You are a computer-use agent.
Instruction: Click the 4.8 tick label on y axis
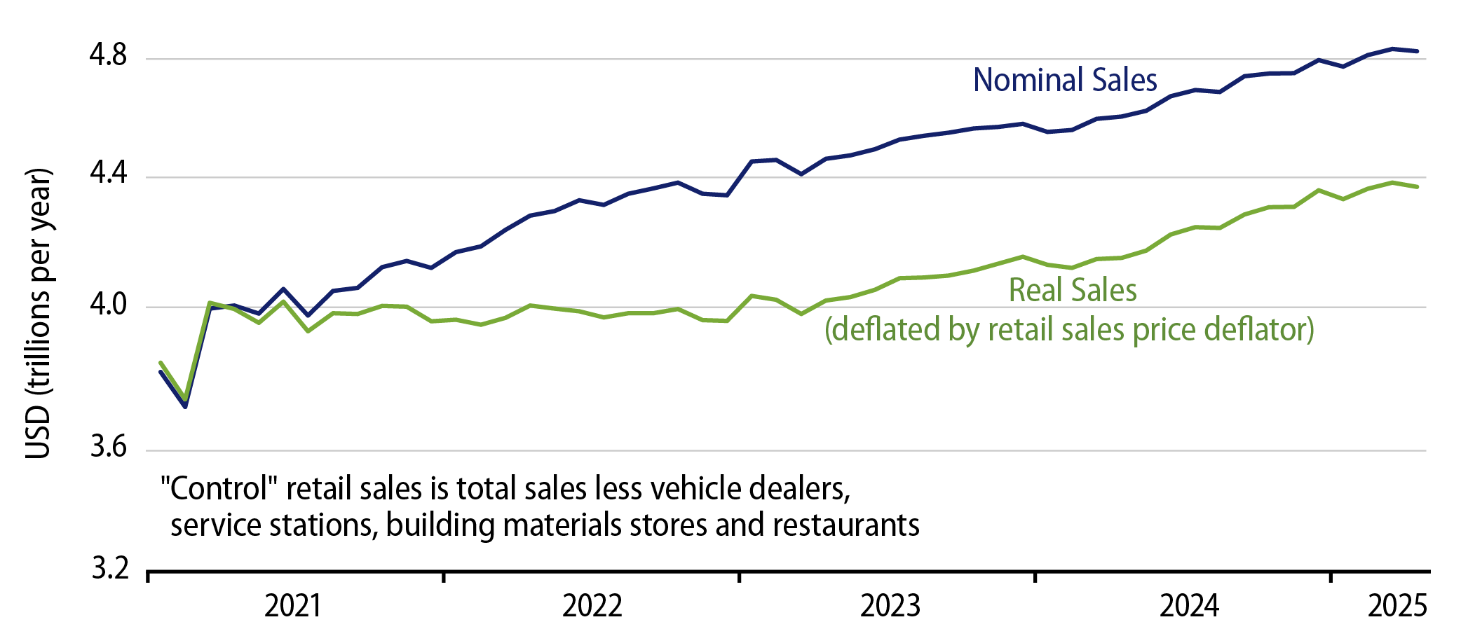click(x=107, y=55)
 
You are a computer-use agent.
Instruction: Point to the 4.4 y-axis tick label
click(x=108, y=173)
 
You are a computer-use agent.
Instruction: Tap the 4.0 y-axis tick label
click(x=108, y=305)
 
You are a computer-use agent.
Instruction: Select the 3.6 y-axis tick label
click(x=108, y=448)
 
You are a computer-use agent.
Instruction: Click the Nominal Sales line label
click(x=1064, y=81)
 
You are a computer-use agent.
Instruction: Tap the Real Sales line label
click(x=1072, y=291)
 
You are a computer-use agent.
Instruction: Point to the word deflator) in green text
click(x=1258, y=329)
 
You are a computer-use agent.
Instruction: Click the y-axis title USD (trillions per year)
click(x=38, y=313)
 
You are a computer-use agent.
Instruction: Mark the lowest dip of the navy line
click(x=185, y=406)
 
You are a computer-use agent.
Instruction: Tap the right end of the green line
click(x=1417, y=187)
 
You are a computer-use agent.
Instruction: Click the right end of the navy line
click(x=1417, y=51)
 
